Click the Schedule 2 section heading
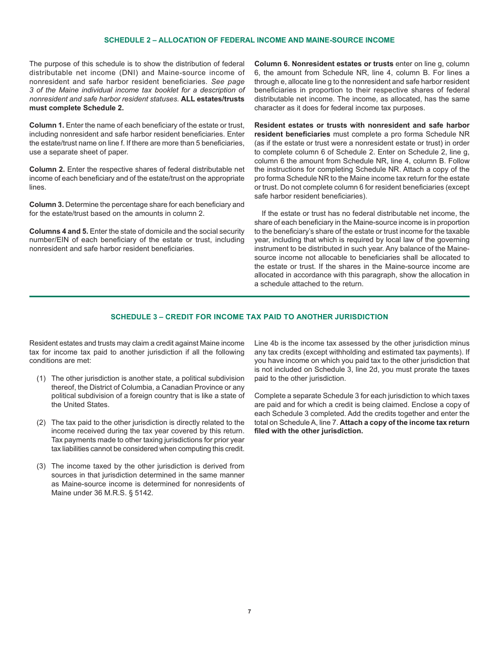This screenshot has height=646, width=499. click(x=249, y=40)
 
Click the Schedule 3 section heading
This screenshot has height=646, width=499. click(x=249, y=317)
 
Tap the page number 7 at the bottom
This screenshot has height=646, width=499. click(x=250, y=611)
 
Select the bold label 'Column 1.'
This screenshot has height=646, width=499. click(x=47, y=126)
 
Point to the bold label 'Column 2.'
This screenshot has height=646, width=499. click(x=47, y=170)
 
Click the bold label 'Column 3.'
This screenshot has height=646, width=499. click(x=47, y=204)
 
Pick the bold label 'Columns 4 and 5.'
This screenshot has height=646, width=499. click(x=59, y=231)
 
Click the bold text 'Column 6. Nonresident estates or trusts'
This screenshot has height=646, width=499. click(x=324, y=64)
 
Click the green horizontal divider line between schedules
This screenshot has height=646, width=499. click(x=249, y=297)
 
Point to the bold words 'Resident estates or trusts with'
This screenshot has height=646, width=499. click(x=308, y=126)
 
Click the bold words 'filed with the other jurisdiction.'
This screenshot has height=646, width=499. click(x=308, y=431)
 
